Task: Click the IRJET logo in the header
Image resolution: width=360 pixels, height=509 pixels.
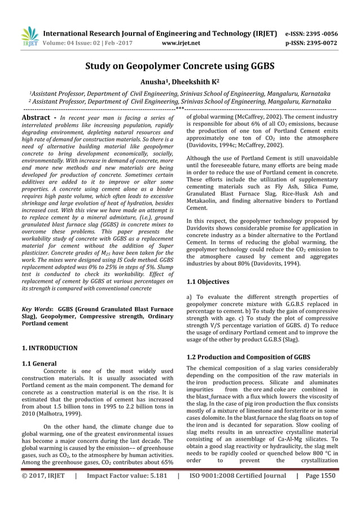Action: (28, 36)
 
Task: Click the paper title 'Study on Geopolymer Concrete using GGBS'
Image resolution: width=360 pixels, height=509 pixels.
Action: (179, 67)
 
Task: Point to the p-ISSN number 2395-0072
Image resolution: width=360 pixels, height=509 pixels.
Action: (326, 42)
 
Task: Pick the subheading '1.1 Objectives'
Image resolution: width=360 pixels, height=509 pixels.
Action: (208, 282)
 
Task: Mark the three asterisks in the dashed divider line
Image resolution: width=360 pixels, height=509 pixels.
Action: (179, 107)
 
